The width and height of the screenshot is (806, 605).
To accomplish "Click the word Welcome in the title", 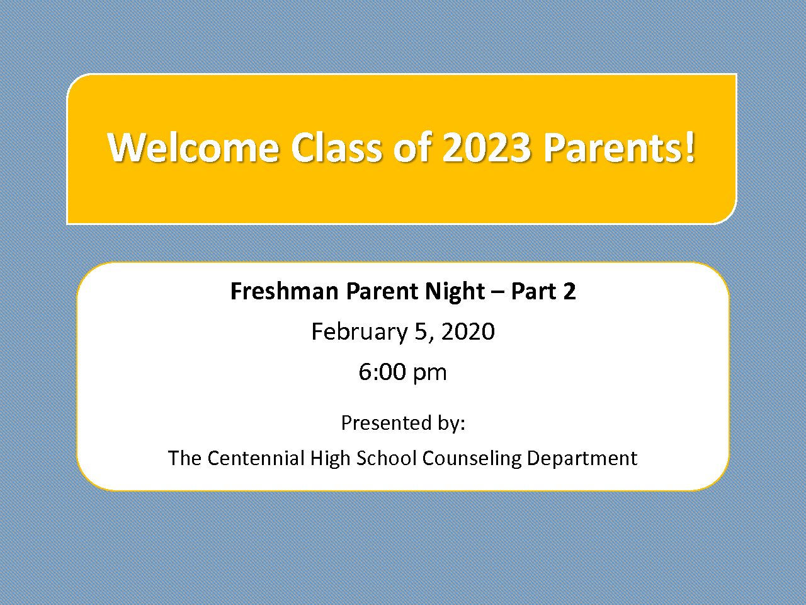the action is coord(193,147).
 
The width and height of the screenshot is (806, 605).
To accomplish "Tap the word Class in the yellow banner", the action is coord(337,147).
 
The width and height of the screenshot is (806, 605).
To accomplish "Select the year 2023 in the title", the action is coord(487,147).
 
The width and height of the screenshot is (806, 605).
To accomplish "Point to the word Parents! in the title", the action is coord(619,147).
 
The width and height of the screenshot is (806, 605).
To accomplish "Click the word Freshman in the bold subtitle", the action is coord(284,291).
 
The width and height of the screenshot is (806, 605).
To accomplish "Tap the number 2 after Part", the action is coord(569,292).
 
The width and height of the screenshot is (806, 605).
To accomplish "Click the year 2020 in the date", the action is coord(468,331).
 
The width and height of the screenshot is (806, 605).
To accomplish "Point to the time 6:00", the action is coord(382,372).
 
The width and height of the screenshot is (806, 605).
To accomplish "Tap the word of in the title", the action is coord(412,147).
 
